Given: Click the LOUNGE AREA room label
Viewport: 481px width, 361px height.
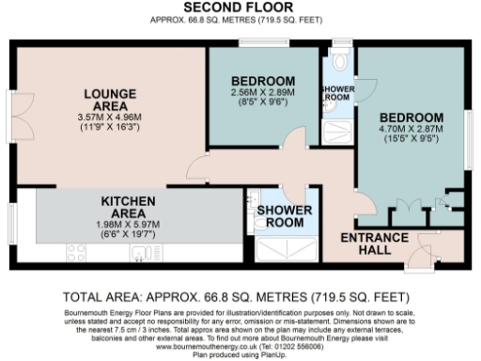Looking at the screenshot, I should (111, 101).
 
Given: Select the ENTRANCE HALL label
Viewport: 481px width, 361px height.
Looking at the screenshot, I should (373, 243).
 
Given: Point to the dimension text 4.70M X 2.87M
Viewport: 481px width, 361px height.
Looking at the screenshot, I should (411, 109).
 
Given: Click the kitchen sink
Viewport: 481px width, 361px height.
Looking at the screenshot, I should (141, 251).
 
